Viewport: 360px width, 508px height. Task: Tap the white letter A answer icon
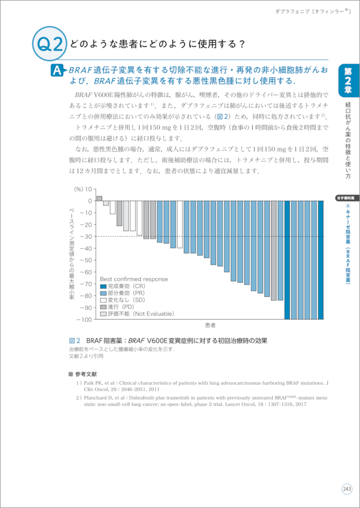[58, 71]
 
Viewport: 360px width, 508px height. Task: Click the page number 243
[347, 489]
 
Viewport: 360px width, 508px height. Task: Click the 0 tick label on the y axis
[90, 201]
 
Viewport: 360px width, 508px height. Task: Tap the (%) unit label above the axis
[78, 189]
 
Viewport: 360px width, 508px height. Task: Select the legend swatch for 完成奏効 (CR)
[103, 286]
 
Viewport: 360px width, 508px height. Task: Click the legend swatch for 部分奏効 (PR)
[103, 293]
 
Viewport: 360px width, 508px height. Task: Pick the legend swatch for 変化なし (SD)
[103, 300]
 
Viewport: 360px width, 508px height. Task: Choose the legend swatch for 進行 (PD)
[103, 307]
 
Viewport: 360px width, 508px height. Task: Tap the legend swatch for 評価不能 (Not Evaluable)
[103, 313]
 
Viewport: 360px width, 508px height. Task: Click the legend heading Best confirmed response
[134, 279]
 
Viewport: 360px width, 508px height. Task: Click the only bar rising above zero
[99, 198]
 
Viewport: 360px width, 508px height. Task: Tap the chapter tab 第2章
[348, 80]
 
